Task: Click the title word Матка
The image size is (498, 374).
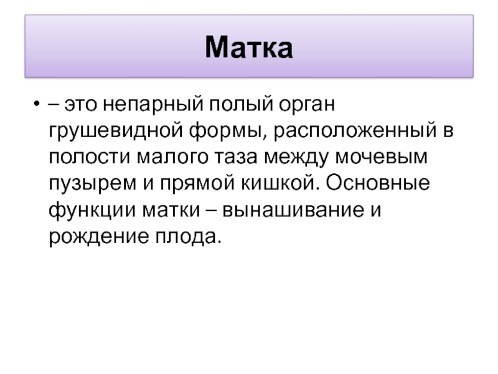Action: tap(248, 47)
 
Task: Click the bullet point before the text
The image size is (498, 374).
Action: tap(37, 103)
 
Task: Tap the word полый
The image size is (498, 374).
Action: tap(241, 104)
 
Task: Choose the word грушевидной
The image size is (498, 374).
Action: tap(116, 131)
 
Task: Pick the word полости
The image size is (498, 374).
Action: tap(90, 157)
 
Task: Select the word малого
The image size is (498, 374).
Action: tap(172, 157)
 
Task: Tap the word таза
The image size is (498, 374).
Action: tap(236, 157)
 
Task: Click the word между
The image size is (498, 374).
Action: tap(296, 158)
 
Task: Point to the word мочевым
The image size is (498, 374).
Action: tap(381, 157)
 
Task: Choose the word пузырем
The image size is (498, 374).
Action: tap(92, 184)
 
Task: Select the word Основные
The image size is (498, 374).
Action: tap(378, 183)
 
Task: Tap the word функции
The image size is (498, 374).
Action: tap(92, 210)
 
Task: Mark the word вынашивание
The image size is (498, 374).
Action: tap(293, 210)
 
